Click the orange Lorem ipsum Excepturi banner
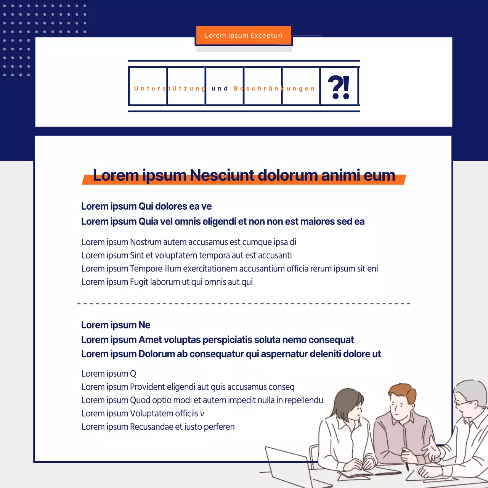[x=244, y=35]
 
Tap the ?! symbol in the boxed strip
[x=339, y=87]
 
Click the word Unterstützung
[x=170, y=88]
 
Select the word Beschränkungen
[x=274, y=88]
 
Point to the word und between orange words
[x=220, y=88]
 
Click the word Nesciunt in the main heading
[x=222, y=175]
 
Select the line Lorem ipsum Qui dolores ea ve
[x=146, y=206]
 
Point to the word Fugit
[x=139, y=282]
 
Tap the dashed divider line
[x=244, y=303]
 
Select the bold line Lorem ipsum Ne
[x=116, y=325]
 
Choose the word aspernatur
[x=284, y=354]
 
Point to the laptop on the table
[x=289, y=466]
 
